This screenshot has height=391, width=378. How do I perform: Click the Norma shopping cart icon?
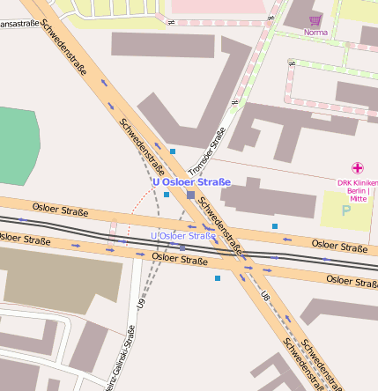pyautogui.click(x=315, y=19)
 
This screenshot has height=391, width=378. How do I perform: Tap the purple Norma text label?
pyautogui.click(x=315, y=33)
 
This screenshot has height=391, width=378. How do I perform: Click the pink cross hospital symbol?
pyautogui.click(x=358, y=167)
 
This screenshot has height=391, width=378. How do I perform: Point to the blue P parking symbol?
pyautogui.click(x=345, y=211)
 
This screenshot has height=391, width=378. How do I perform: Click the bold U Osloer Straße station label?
pyautogui.click(x=191, y=182)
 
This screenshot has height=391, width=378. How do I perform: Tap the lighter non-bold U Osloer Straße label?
pyautogui.click(x=183, y=236)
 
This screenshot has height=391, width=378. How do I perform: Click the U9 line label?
pyautogui.click(x=141, y=303)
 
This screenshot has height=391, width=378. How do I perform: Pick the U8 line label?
pyautogui.click(x=265, y=298)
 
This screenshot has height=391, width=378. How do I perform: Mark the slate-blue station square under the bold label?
pyautogui.click(x=191, y=194)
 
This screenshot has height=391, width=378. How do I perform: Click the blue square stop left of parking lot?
pyautogui.click(x=275, y=226)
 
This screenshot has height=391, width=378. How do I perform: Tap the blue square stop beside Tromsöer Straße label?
pyautogui.click(x=173, y=151)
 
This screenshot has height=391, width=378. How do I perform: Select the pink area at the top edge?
pyautogui.click(x=216, y=6)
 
